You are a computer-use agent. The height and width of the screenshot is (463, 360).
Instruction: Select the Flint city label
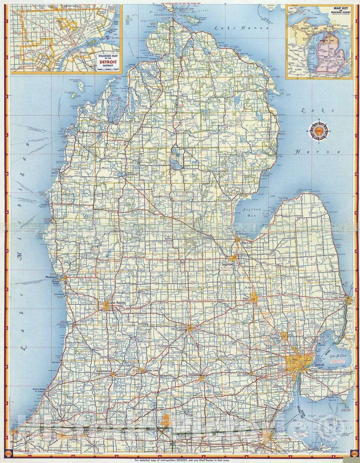[247, 299]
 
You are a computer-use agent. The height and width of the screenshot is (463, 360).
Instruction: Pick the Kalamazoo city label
[103, 371]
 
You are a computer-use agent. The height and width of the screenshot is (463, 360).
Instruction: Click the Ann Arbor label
[243, 375]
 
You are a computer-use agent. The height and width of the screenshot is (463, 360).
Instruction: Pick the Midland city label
[205, 237]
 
